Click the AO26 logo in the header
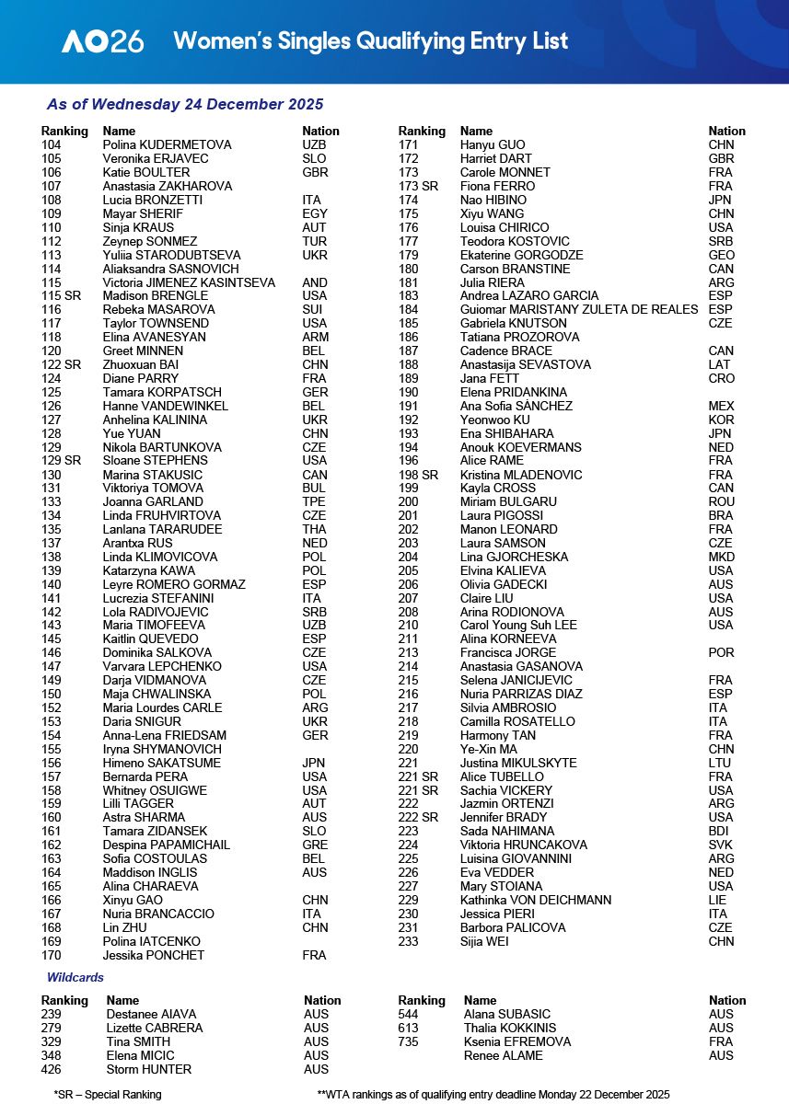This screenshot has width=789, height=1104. click(102, 41)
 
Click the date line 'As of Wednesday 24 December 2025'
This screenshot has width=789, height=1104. click(184, 105)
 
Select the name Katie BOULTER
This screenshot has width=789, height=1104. click(146, 172)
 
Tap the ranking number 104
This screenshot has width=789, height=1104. click(52, 144)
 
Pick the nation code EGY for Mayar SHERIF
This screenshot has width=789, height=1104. click(314, 213)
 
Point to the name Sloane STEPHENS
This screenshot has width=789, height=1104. click(155, 460)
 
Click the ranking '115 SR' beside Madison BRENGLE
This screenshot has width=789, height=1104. click(60, 295)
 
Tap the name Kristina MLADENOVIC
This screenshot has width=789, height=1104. click(522, 474)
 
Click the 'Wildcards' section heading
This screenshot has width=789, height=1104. click(75, 977)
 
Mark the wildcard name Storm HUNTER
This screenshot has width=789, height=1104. click(149, 1069)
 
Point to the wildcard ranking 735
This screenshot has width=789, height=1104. click(408, 1041)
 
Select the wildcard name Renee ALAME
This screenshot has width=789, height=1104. click(504, 1055)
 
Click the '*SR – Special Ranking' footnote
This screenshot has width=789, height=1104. click(108, 1095)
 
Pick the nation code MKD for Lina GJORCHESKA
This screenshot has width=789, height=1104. click(722, 557)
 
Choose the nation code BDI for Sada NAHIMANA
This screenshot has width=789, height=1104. click(720, 831)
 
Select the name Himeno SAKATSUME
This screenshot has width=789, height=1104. click(161, 763)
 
